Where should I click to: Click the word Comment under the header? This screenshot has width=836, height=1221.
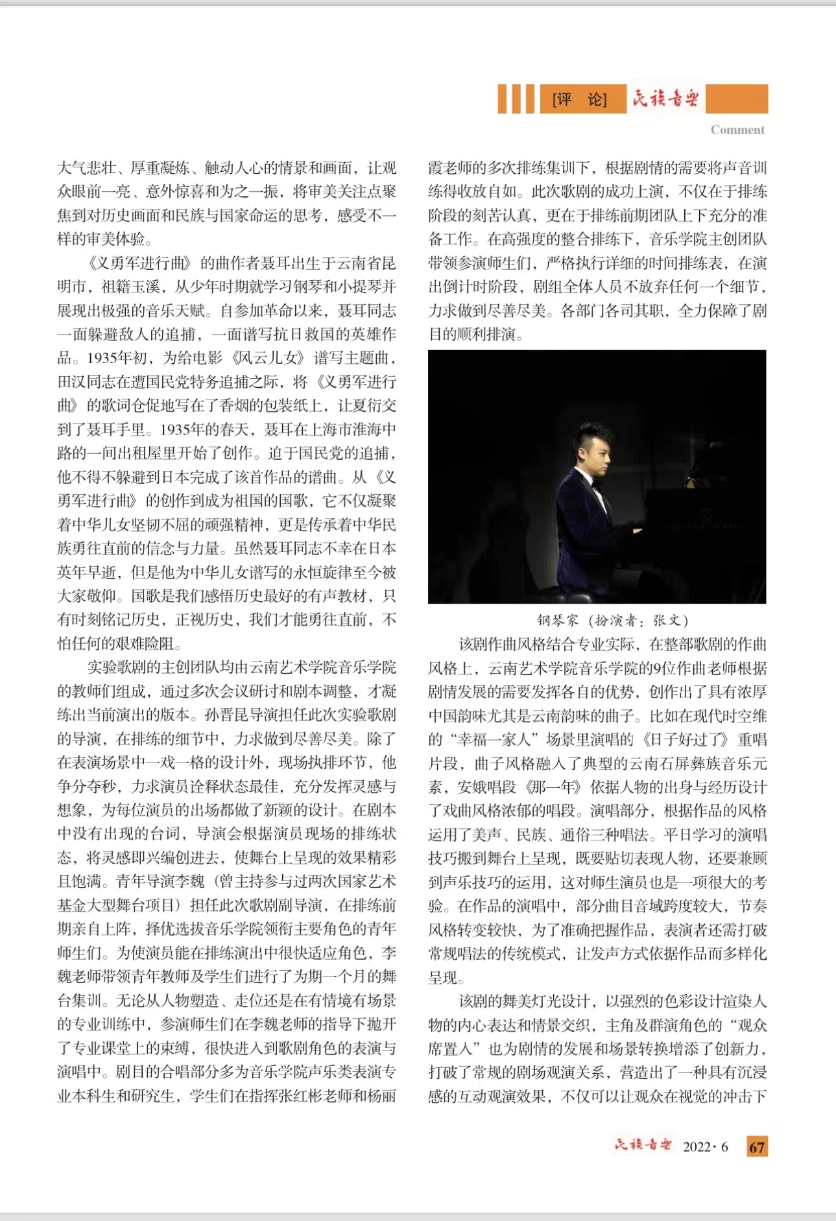pyautogui.click(x=737, y=130)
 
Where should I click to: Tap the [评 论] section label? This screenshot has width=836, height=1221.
pyautogui.click(x=579, y=99)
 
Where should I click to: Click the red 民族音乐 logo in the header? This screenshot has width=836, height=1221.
pyautogui.click(x=665, y=99)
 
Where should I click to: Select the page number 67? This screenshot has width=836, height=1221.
pyautogui.click(x=756, y=1146)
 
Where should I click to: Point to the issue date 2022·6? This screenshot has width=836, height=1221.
pyautogui.click(x=705, y=1146)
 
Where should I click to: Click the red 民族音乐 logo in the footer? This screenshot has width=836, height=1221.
pyautogui.click(x=643, y=1144)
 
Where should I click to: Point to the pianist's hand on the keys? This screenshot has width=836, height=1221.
pyautogui.click(x=636, y=530)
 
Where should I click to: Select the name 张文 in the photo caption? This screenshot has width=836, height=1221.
pyautogui.click(x=667, y=621)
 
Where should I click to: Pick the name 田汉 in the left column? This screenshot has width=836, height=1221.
pyautogui.click(x=73, y=382)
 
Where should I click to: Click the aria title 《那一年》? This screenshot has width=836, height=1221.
pyautogui.click(x=552, y=787)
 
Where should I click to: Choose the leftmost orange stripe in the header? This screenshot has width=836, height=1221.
pyautogui.click(x=503, y=99)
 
